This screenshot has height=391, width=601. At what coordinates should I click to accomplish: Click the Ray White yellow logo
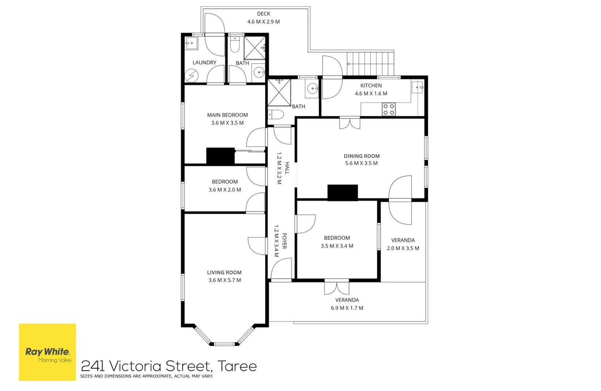pos(47,352)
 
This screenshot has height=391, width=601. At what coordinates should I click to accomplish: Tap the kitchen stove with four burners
pos(388,109)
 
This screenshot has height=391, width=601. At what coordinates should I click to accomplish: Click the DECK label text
pos(263,14)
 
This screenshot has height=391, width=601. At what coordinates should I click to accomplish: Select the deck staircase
pos(370,64)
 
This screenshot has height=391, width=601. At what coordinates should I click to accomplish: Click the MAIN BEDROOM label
pos(227,115)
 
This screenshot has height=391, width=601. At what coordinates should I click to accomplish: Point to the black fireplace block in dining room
pos(343,193)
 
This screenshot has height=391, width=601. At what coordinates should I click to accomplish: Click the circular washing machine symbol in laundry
pos(191,76)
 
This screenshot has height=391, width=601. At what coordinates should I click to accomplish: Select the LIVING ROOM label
pos(224,273)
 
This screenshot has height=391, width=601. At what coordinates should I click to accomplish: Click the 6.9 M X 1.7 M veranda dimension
pos(347,308)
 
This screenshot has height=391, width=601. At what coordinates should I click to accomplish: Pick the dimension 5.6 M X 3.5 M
pos(361,163)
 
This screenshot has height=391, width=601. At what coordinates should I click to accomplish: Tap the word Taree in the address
pos(237,366)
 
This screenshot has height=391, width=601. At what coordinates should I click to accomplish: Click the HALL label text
pos(287,168)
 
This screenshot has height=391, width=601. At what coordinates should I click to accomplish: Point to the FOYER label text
pos(284,241)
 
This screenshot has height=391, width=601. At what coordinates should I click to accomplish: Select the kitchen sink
pos(417,87)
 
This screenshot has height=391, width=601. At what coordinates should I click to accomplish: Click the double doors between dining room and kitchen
pos(349,123)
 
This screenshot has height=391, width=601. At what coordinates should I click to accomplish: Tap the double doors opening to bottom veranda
pos(336,287)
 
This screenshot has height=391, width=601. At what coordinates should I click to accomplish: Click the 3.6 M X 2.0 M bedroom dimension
pos(224,190)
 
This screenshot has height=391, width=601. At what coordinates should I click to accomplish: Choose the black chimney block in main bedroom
pos(220,156)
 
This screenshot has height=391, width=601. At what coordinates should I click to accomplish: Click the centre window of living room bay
pos(224,344)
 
